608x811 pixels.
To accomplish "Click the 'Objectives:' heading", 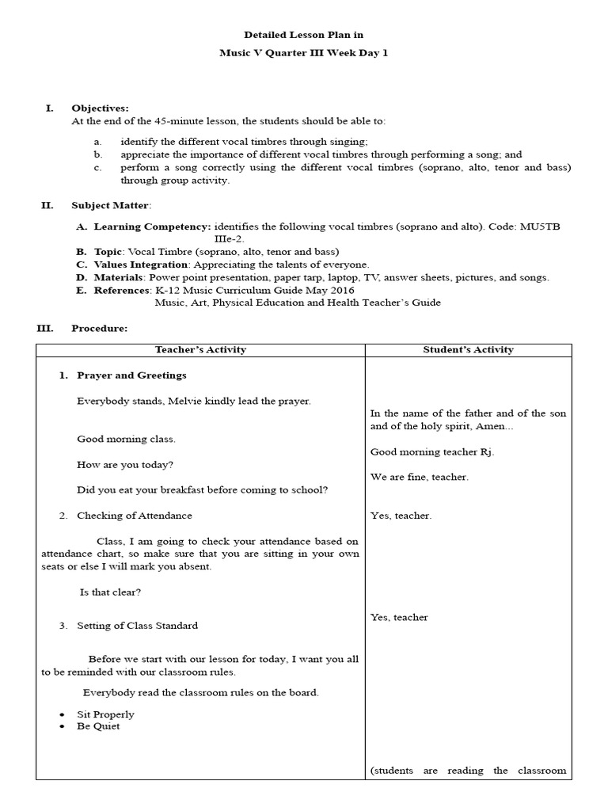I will (x=100, y=109).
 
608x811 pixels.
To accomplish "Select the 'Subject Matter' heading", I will (x=109, y=205).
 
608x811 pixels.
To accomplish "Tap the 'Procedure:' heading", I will (x=99, y=328).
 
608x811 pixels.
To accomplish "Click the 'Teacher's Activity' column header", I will (x=200, y=349).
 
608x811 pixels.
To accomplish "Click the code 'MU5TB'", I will (x=540, y=227).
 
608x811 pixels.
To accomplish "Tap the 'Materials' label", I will (x=118, y=277).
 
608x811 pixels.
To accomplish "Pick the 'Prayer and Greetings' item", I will (x=131, y=375).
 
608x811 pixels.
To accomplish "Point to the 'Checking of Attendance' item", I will (x=134, y=516).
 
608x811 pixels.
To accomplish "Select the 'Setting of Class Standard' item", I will (x=137, y=626).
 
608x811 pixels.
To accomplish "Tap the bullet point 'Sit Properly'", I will (x=105, y=714).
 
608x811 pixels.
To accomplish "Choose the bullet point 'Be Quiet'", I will (x=98, y=726).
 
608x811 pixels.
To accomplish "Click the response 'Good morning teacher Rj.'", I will (x=432, y=451).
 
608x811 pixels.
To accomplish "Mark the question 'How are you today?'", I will (x=125, y=464).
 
